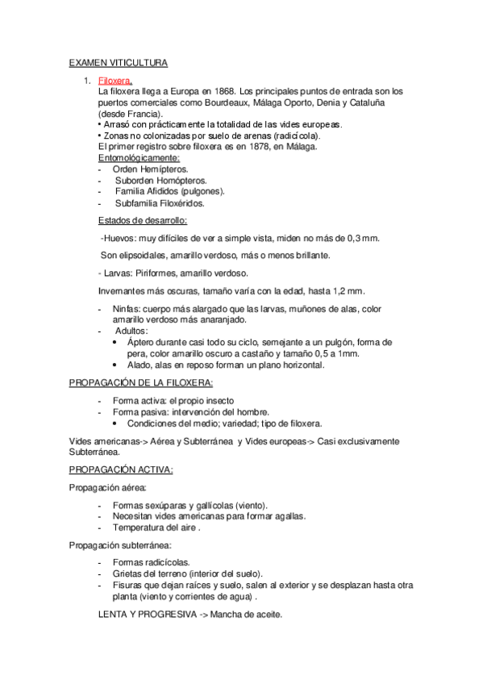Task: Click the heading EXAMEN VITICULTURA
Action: pos(117,62)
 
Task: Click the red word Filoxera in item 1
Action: pos(115,81)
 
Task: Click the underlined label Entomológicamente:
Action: pos(138,158)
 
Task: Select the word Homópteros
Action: pos(177,181)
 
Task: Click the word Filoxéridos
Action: pos(176,203)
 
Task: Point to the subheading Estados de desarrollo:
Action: pos(143,220)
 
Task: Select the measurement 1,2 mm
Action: pos(348,290)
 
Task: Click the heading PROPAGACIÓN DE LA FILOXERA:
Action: pos(141,383)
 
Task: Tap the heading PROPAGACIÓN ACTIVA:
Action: pos(120,469)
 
